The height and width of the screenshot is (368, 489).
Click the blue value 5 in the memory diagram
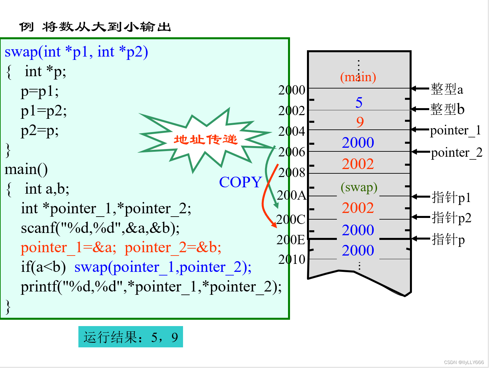pos(359,102)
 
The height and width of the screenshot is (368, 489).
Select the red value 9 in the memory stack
pos(360,122)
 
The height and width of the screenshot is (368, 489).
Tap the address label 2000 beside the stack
pos(292,90)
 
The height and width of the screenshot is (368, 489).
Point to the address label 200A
pos(291,195)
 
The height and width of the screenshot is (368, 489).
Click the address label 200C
pos(291,219)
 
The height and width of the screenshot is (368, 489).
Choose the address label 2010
pos(292,259)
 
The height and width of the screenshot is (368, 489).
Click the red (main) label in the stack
pos(358,77)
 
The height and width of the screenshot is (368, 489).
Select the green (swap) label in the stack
pos(359,187)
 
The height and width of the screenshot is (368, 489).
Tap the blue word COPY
pos(241,182)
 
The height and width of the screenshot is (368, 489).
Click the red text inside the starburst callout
pos(206,139)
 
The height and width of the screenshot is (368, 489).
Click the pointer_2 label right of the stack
pos(456,152)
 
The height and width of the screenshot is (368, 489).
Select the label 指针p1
pos(451,197)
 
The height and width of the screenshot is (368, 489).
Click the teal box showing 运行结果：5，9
pos(131,337)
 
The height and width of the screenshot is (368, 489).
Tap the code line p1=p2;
pos(44,111)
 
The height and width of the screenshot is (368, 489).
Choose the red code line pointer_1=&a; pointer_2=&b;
pos(121,248)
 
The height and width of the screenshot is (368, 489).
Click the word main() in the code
pos(26,169)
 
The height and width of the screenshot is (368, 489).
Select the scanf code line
pos(100,228)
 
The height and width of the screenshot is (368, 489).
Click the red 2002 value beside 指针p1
pos(358,208)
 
